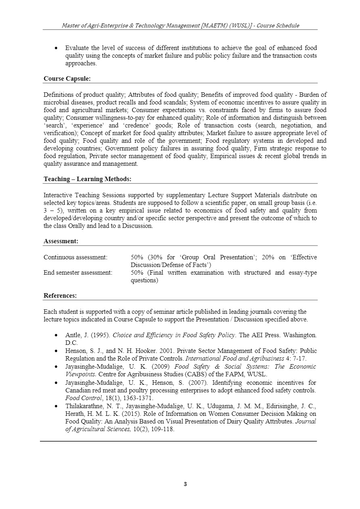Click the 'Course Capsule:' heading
click(67, 78)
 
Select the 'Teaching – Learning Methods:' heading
click(87, 179)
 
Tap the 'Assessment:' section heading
click(61, 241)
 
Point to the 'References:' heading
click(60, 296)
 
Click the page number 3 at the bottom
click(185, 484)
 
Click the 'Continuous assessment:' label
click(75, 257)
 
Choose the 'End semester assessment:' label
click(78, 273)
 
